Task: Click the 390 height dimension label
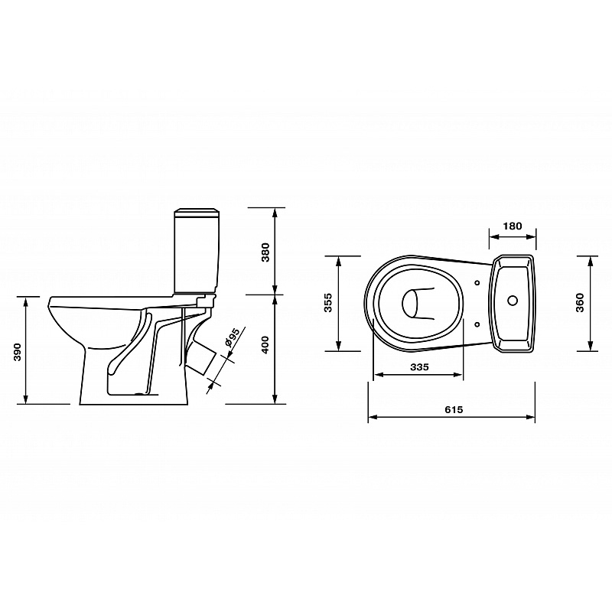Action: (x=18, y=352)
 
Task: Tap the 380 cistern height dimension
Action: (x=265, y=252)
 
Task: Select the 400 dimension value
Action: (x=265, y=345)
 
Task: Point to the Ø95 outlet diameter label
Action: (x=232, y=337)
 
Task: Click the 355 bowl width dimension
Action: (x=328, y=302)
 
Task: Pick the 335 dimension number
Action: (x=419, y=367)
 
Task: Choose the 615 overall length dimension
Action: (x=454, y=409)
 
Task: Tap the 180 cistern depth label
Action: (x=512, y=226)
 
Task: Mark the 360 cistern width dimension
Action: (x=580, y=302)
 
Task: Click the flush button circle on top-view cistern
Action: (x=513, y=300)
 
